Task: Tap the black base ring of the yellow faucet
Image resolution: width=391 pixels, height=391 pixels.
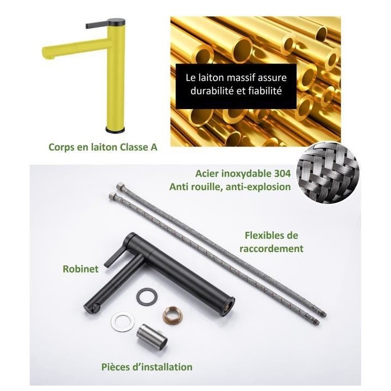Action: point(115,130)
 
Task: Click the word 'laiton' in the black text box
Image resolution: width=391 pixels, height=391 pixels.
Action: point(212,78)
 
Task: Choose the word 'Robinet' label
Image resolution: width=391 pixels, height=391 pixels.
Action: point(80,269)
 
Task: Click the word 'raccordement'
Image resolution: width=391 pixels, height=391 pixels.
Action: point(272,249)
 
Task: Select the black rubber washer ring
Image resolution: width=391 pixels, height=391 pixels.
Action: point(147,296)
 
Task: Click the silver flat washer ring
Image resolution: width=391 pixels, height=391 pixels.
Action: point(122,323)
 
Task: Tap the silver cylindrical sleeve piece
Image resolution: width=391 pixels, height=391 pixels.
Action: point(152,337)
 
